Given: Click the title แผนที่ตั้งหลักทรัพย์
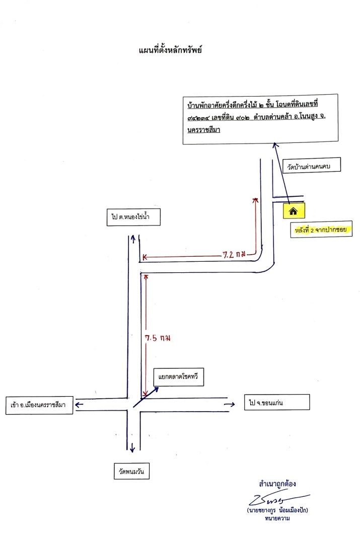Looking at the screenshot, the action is [x=170, y=50].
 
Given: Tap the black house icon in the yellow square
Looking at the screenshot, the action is [x=293, y=211].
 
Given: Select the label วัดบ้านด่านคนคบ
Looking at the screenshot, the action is [x=309, y=167].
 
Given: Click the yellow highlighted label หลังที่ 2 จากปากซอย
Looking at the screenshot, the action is [x=321, y=230].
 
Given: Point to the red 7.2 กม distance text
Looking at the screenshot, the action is [x=234, y=254].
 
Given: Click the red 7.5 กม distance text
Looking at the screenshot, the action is [x=158, y=338].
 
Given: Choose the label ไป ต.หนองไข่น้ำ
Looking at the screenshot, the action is [x=130, y=216].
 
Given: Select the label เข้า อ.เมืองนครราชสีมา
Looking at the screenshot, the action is [x=38, y=405].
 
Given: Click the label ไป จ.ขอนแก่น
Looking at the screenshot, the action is [x=266, y=403].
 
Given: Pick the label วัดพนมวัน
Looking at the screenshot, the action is [x=131, y=471].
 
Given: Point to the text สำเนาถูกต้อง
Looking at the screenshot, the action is [x=277, y=484].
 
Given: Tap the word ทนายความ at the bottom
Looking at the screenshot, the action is [x=277, y=518].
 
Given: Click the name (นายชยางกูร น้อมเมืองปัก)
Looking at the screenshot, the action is [x=277, y=510].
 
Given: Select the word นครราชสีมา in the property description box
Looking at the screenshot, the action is [x=204, y=129].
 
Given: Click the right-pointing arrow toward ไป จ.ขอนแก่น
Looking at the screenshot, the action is [x=230, y=404].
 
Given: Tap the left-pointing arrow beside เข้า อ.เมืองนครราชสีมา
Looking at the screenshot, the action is [x=79, y=405].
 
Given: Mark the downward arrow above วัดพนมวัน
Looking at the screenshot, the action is [x=132, y=446].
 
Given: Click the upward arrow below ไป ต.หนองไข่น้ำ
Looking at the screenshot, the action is [x=133, y=239].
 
